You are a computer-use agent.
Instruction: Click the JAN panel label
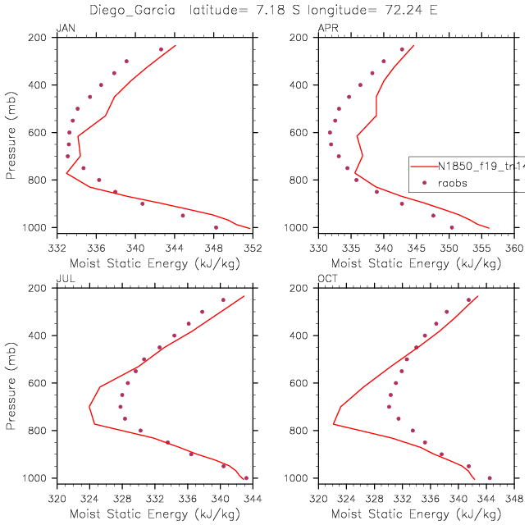(65, 30)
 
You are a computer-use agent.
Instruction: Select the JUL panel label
(64, 280)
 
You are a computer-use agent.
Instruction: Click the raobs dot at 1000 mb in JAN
(216, 227)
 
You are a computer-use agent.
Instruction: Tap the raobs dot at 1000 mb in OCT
(490, 478)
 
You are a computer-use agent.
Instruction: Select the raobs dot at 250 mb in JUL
(223, 300)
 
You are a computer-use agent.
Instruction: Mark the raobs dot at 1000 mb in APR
(451, 227)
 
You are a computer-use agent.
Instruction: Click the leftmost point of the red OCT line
(334, 424)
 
